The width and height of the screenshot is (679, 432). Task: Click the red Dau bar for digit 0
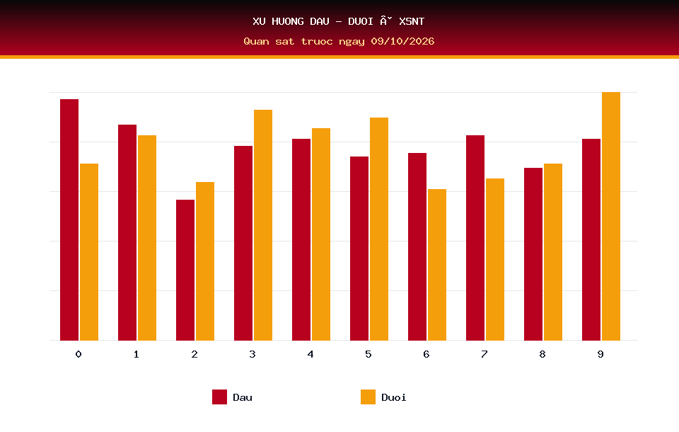click(69, 220)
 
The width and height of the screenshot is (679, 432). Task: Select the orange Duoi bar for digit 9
click(611, 217)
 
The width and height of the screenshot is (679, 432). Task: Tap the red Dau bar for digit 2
click(185, 271)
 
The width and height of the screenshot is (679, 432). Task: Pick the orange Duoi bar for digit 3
click(263, 225)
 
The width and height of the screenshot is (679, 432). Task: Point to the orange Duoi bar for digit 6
click(437, 265)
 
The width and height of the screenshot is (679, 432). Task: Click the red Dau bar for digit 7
click(475, 238)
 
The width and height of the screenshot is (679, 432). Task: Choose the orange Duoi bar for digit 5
click(379, 229)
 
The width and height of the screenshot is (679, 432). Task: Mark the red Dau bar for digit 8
click(533, 254)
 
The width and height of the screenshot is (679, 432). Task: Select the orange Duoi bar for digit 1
click(147, 238)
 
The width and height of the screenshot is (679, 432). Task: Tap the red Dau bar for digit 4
click(301, 240)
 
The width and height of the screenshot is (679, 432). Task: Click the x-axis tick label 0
click(79, 354)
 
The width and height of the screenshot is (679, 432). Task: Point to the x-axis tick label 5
click(368, 354)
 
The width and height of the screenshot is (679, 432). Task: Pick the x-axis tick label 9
click(600, 354)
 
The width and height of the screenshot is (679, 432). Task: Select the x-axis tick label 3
click(253, 354)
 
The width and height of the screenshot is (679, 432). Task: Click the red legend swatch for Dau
click(219, 397)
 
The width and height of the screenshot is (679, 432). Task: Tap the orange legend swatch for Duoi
click(368, 397)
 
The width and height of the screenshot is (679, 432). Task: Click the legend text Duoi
click(394, 397)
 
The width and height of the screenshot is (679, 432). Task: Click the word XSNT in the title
click(412, 21)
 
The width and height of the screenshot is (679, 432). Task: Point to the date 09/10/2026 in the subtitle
click(402, 41)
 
